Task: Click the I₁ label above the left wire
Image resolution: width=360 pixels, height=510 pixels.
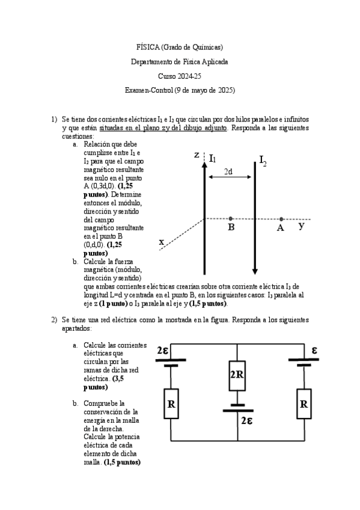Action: [212, 159]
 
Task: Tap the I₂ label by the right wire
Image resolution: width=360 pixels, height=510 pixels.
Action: [263, 161]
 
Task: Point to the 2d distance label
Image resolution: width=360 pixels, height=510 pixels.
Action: [228, 171]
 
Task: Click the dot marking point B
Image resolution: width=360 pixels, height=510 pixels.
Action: [230, 218]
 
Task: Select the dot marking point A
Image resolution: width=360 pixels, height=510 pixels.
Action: [281, 219]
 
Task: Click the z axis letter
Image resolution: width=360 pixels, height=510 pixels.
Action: [197, 155]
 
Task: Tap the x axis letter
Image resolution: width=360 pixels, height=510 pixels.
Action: [162, 242]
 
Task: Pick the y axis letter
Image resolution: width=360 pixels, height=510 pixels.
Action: [302, 226]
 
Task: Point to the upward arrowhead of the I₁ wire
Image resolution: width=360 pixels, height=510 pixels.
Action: [204, 165]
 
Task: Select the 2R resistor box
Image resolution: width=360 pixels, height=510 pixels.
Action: [237, 376]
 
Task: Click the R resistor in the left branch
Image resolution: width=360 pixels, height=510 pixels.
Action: [171, 404]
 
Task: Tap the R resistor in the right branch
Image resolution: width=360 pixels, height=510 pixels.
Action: [304, 404]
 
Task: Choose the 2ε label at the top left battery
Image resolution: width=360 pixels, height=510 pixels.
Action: [162, 351]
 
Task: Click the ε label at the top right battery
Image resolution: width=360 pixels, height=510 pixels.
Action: [314, 350]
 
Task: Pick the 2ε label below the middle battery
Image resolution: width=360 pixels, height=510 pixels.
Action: [247, 421]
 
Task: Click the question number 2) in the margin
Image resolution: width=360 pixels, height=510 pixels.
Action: [54, 320]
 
